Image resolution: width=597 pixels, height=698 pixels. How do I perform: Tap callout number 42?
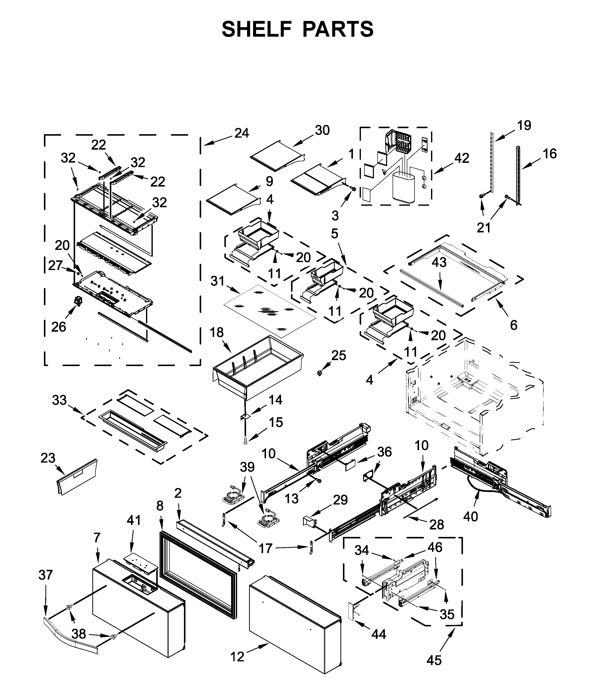point(461,158)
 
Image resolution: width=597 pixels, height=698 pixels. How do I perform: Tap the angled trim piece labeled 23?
point(77,478)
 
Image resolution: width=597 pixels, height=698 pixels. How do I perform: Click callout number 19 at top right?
point(524,125)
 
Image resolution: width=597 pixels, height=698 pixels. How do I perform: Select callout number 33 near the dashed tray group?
point(59,400)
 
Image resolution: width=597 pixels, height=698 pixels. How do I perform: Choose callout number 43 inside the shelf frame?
point(439,262)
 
